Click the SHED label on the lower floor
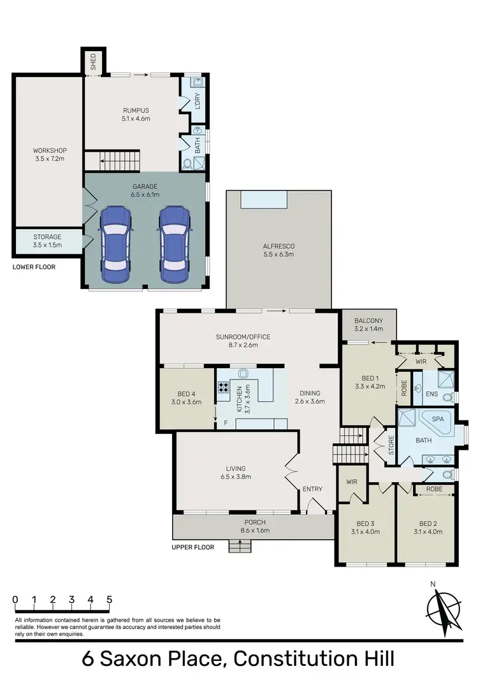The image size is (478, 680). point(93,62)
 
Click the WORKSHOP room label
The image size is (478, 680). point(50,151)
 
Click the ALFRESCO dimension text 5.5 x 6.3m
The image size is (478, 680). point(279,255)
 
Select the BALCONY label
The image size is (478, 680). point(369,321)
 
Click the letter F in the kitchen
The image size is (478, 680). point(225,422)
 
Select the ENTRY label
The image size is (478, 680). point(313,489)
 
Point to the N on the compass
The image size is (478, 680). point(433,584)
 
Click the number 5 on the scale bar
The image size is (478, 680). point(110,600)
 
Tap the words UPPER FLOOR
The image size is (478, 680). point(192,547)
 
